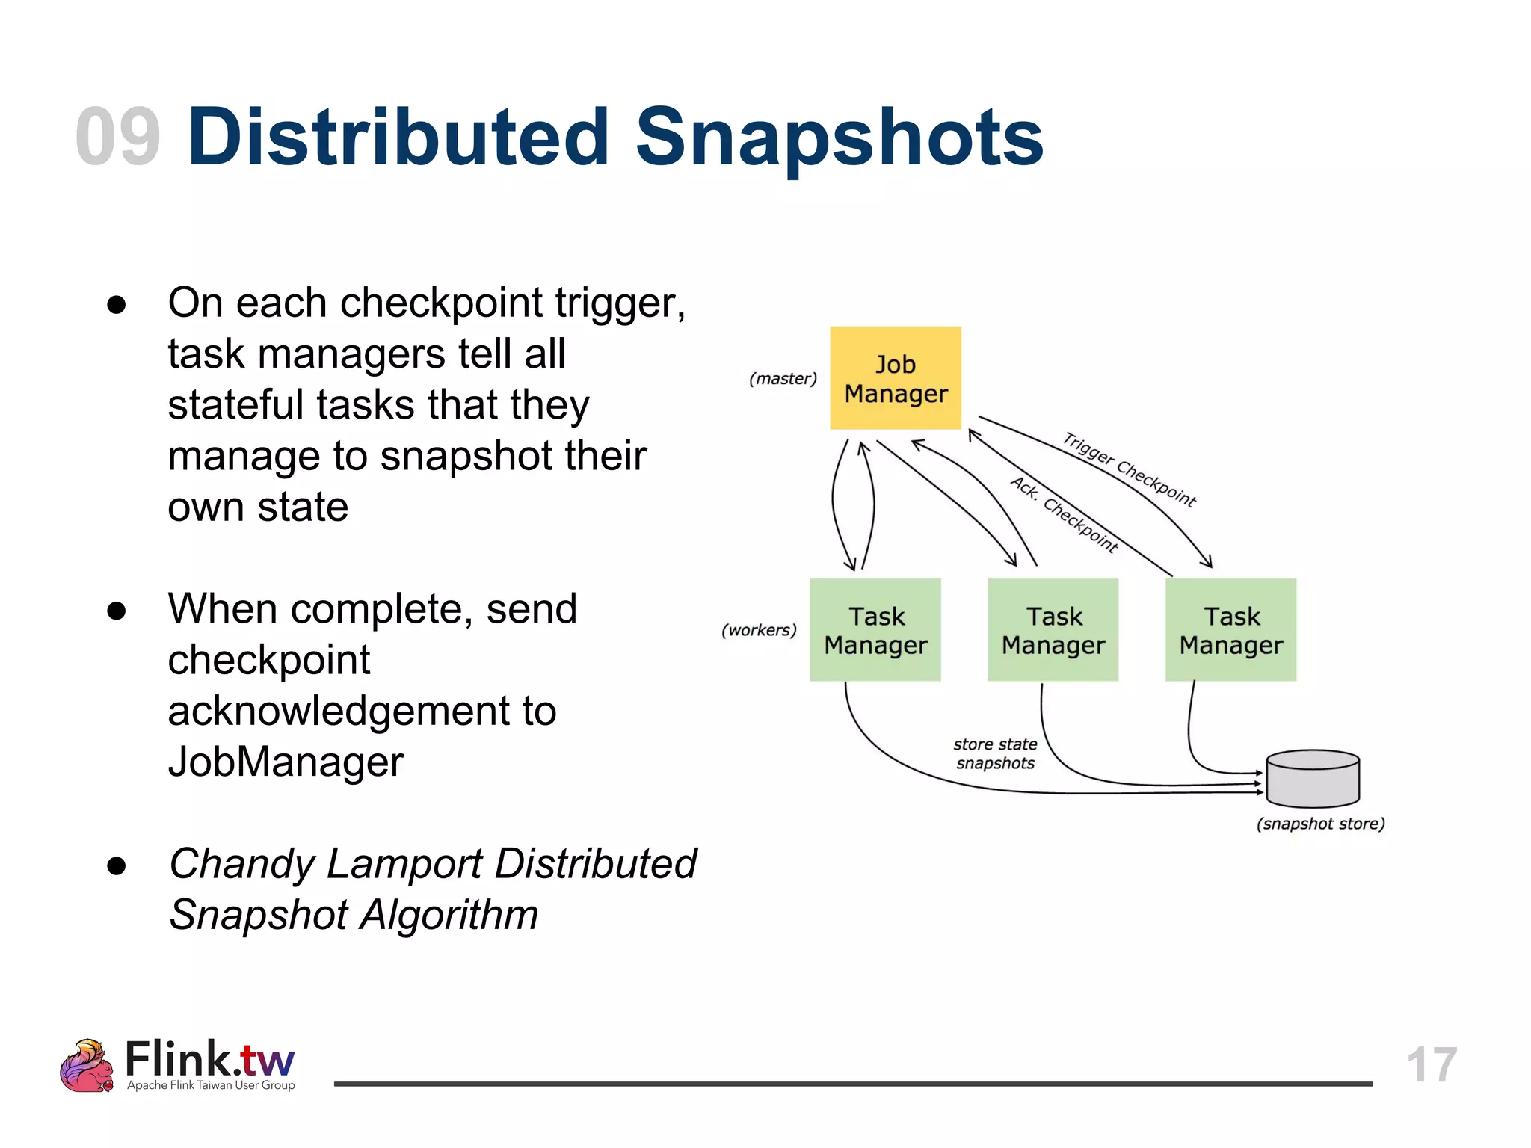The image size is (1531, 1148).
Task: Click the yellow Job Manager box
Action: pyautogui.click(x=895, y=378)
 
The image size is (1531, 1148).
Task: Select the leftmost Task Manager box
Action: pyautogui.click(x=875, y=629)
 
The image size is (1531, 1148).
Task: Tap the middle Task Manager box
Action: pyautogui.click(x=1053, y=629)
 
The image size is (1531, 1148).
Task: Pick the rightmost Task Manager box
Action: pyautogui.click(x=1230, y=629)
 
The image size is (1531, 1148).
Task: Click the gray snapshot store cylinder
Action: pyautogui.click(x=1313, y=779)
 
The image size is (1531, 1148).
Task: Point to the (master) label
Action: pyautogui.click(x=783, y=379)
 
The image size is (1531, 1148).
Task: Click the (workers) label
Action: pyautogui.click(x=759, y=630)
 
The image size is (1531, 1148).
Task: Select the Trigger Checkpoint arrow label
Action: pyautogui.click(x=1130, y=470)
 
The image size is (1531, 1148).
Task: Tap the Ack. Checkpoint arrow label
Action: pyautogui.click(x=1065, y=514)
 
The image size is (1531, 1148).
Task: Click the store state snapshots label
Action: pyautogui.click(x=995, y=753)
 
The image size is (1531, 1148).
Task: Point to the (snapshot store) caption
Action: pyautogui.click(x=1320, y=824)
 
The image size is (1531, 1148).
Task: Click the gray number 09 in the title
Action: pyautogui.click(x=118, y=137)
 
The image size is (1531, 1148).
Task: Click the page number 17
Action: pyautogui.click(x=1432, y=1064)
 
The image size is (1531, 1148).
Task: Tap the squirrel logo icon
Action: pyautogui.click(x=87, y=1065)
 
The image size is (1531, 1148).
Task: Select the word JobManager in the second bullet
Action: pyautogui.click(x=286, y=762)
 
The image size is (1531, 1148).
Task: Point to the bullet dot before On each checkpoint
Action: pyautogui.click(x=116, y=305)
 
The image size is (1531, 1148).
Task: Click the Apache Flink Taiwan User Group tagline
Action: pyautogui.click(x=211, y=1085)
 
